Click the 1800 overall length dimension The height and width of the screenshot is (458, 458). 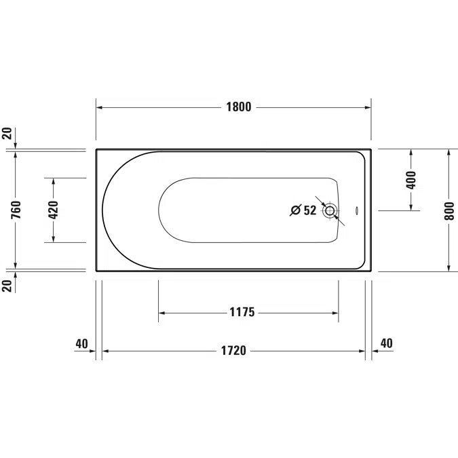point(239,107)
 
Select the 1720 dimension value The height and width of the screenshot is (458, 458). point(233,351)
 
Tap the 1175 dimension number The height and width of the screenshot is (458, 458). point(242,312)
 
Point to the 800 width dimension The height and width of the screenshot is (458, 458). point(450,211)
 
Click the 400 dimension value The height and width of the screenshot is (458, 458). point(411,180)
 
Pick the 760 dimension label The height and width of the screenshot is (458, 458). point(16,210)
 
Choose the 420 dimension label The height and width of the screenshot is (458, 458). point(54,210)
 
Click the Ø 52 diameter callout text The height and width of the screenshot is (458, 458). point(304,210)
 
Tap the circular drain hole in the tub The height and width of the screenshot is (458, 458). point(330,210)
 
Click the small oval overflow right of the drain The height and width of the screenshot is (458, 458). point(357,210)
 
